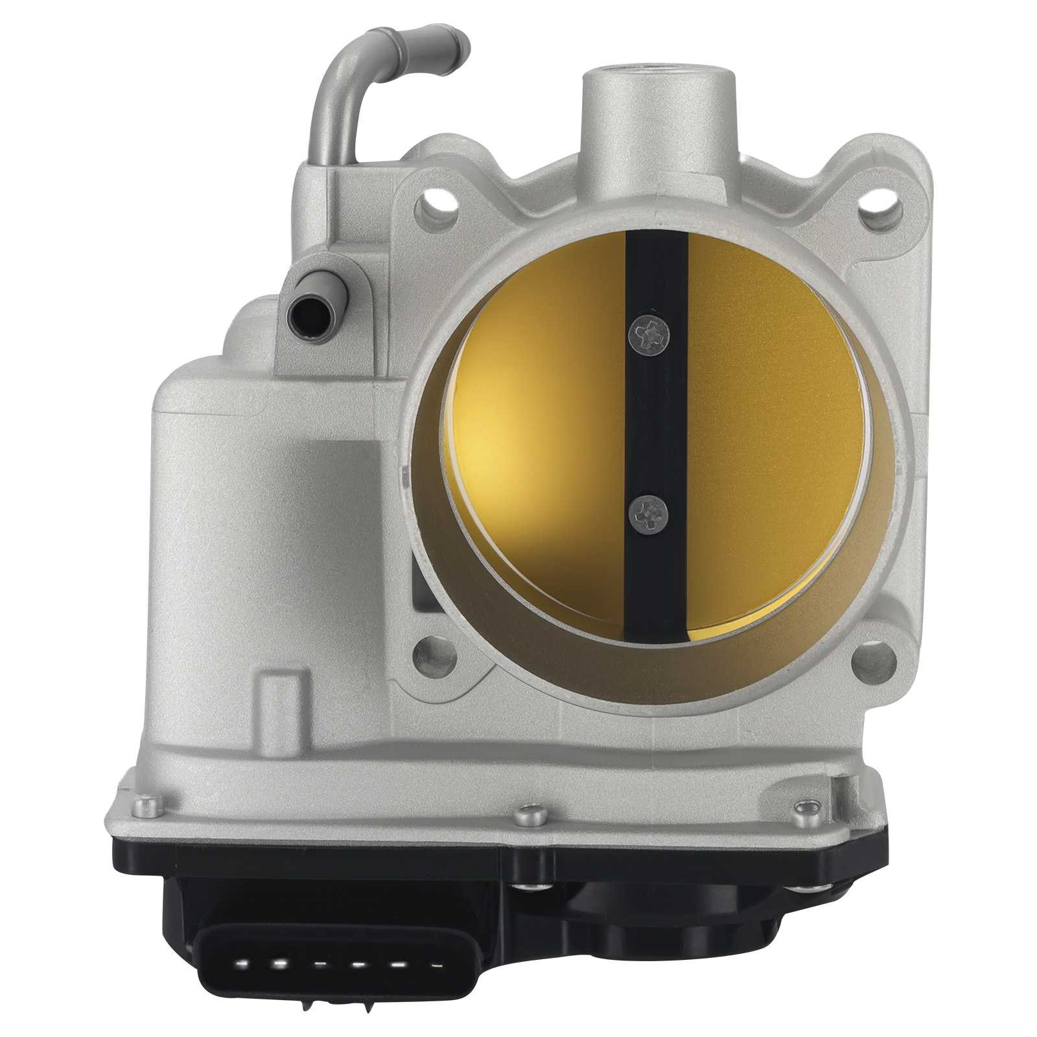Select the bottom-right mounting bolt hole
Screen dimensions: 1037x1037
coord(873,662)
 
